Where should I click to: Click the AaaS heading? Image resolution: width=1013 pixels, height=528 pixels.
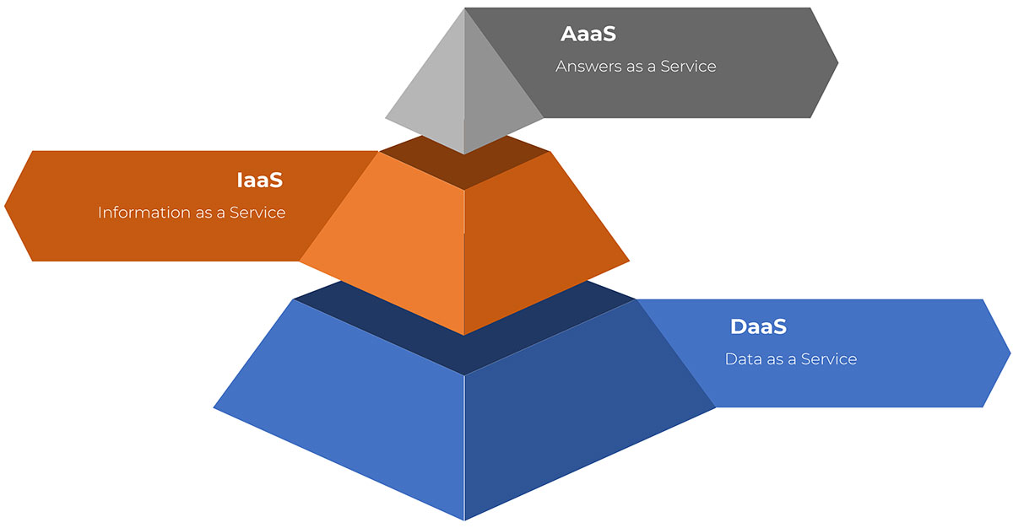coord(588,34)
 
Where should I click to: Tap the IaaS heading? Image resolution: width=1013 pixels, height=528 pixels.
coord(260,180)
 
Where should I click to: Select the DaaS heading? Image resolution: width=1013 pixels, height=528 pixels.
coord(758,326)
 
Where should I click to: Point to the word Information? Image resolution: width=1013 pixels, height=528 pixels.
coord(143,213)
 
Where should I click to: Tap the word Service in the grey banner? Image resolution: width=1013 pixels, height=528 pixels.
coord(688,67)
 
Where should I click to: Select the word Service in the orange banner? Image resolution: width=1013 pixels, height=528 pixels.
coord(257,213)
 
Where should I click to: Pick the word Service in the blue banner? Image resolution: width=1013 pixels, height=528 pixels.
coord(829,359)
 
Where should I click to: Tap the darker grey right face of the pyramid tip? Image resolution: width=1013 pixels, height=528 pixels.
coord(493,100)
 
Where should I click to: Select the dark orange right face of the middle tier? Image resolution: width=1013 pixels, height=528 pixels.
coord(534,244)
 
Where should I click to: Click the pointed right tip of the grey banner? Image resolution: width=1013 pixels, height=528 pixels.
coord(837,63)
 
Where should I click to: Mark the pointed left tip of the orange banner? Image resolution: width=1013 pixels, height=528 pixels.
coord(5,206)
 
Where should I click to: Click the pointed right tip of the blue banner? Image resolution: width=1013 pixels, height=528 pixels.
coord(1010,353)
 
